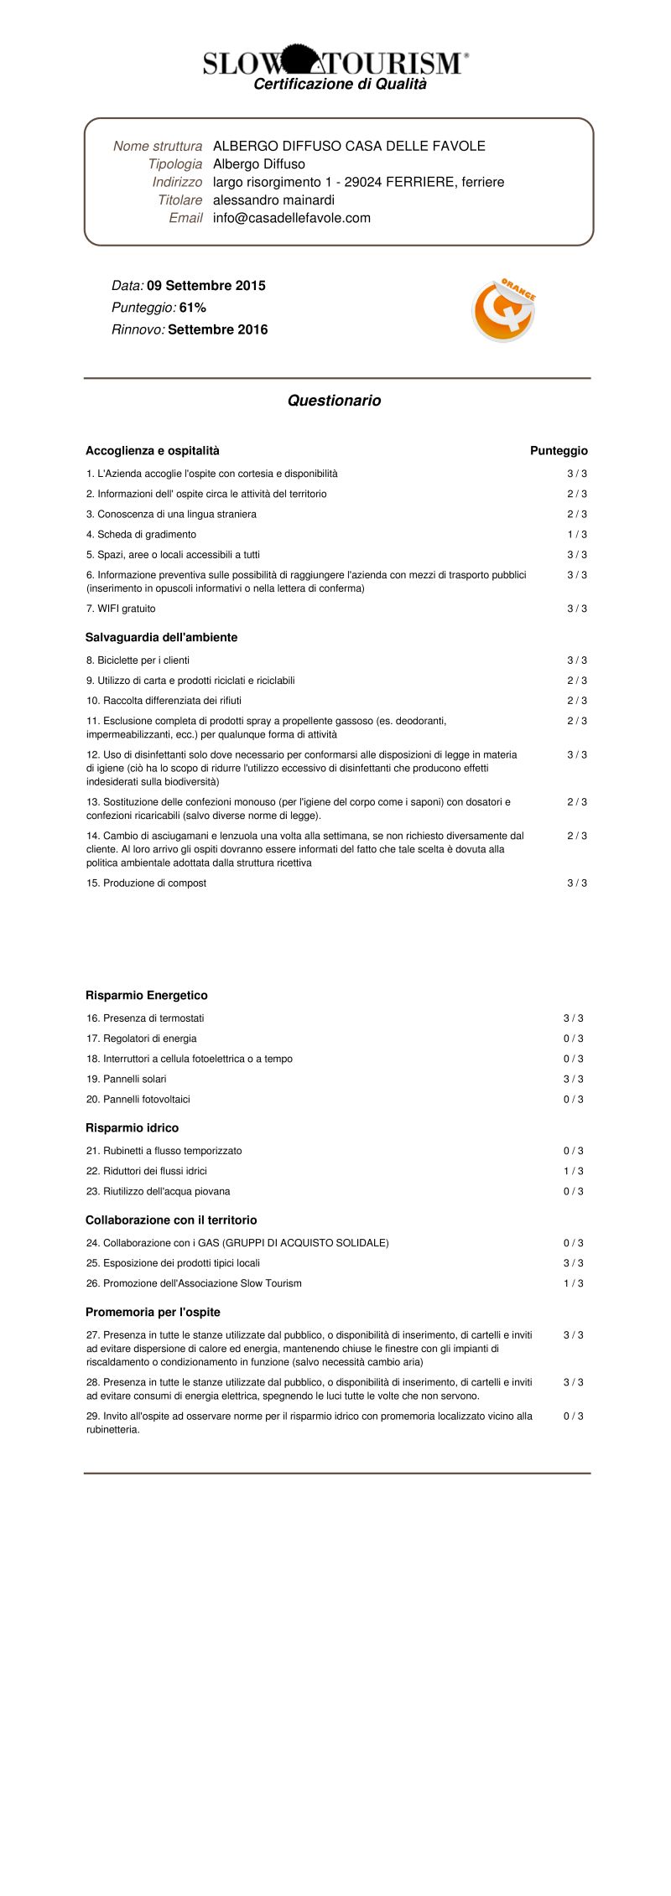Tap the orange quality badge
pos(503,310)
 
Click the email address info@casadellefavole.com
pos(291,218)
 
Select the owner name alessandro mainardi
pos(273,199)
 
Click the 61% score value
pos(193,308)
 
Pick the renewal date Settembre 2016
pos(217,329)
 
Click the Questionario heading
pos(334,401)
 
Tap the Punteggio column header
pos(559,451)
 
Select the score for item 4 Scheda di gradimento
pos(577,535)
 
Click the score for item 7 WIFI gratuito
pos(577,609)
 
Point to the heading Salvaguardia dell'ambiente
pos(161,638)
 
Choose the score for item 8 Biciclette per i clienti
pos(577,660)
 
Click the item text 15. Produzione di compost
pos(146,883)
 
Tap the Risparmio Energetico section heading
pos(146,996)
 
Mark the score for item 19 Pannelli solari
pos(574,1080)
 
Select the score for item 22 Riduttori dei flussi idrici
pos(574,1172)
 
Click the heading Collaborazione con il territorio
pos(171,1220)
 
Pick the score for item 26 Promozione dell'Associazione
pos(574,1284)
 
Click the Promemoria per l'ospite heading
pos(153,1313)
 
